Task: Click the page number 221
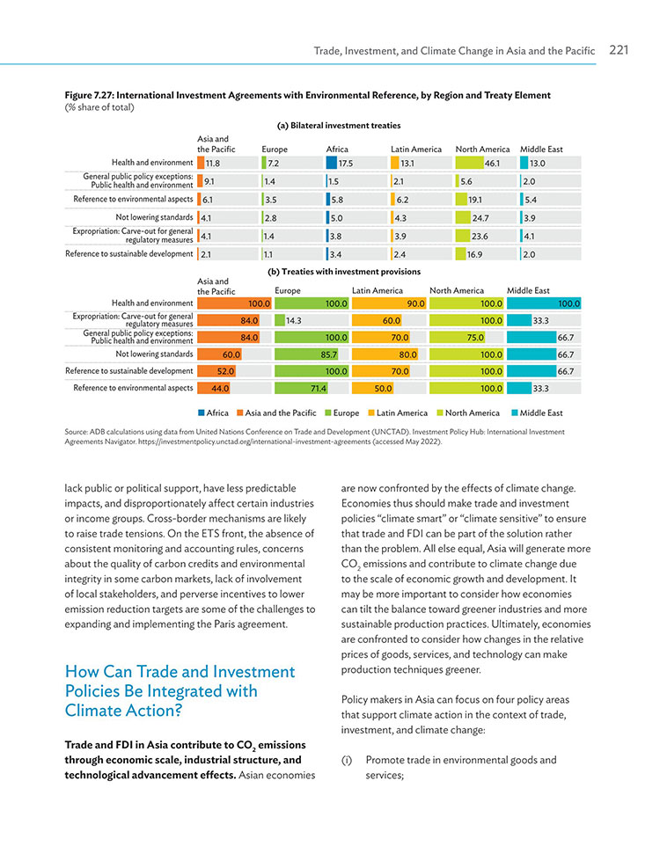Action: click(619, 50)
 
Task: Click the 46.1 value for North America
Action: click(492, 163)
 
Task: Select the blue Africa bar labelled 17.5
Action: click(332, 163)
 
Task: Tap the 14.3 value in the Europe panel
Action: click(293, 321)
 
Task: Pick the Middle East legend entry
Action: click(537, 412)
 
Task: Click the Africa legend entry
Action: click(213, 412)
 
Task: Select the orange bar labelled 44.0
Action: click(214, 389)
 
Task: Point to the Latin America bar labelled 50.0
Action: click(373, 389)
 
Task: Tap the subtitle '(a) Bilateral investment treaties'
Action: click(339, 125)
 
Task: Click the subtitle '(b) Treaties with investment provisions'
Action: click(343, 271)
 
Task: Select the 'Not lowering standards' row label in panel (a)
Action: click(154, 217)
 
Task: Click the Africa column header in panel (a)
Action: click(337, 150)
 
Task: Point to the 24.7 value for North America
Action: click(480, 218)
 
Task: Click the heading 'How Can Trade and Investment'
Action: click(180, 672)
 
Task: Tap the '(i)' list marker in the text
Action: click(347, 760)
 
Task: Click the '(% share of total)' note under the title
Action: click(99, 107)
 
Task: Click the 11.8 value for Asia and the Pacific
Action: click(213, 163)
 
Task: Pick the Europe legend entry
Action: click(342, 412)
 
